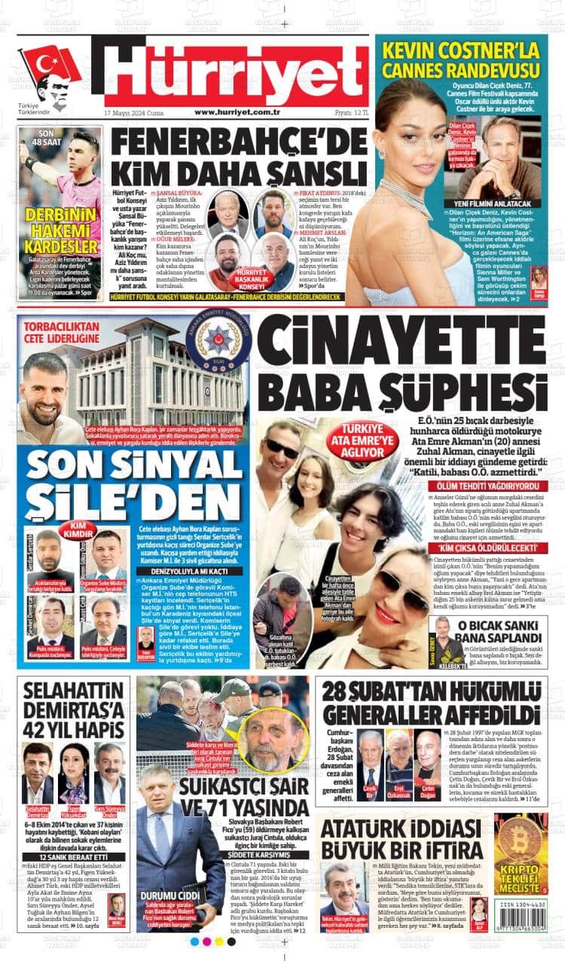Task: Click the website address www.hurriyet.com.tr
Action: (x=237, y=112)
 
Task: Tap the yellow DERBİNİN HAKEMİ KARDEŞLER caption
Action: (x=61, y=229)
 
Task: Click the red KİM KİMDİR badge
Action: (x=89, y=529)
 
